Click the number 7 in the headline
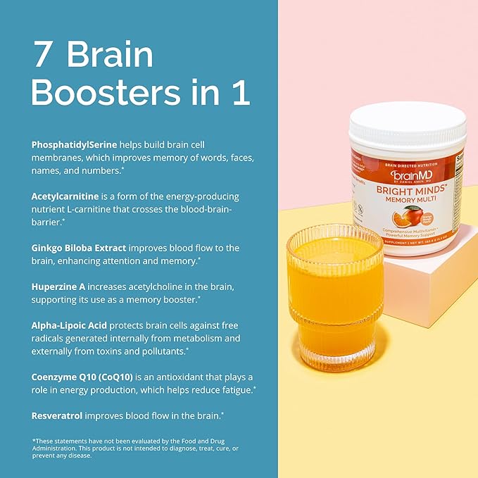tap(44, 56)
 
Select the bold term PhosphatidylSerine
tap(74, 144)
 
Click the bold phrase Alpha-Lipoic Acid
tap(70, 326)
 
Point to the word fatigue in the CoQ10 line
tap(234, 390)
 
